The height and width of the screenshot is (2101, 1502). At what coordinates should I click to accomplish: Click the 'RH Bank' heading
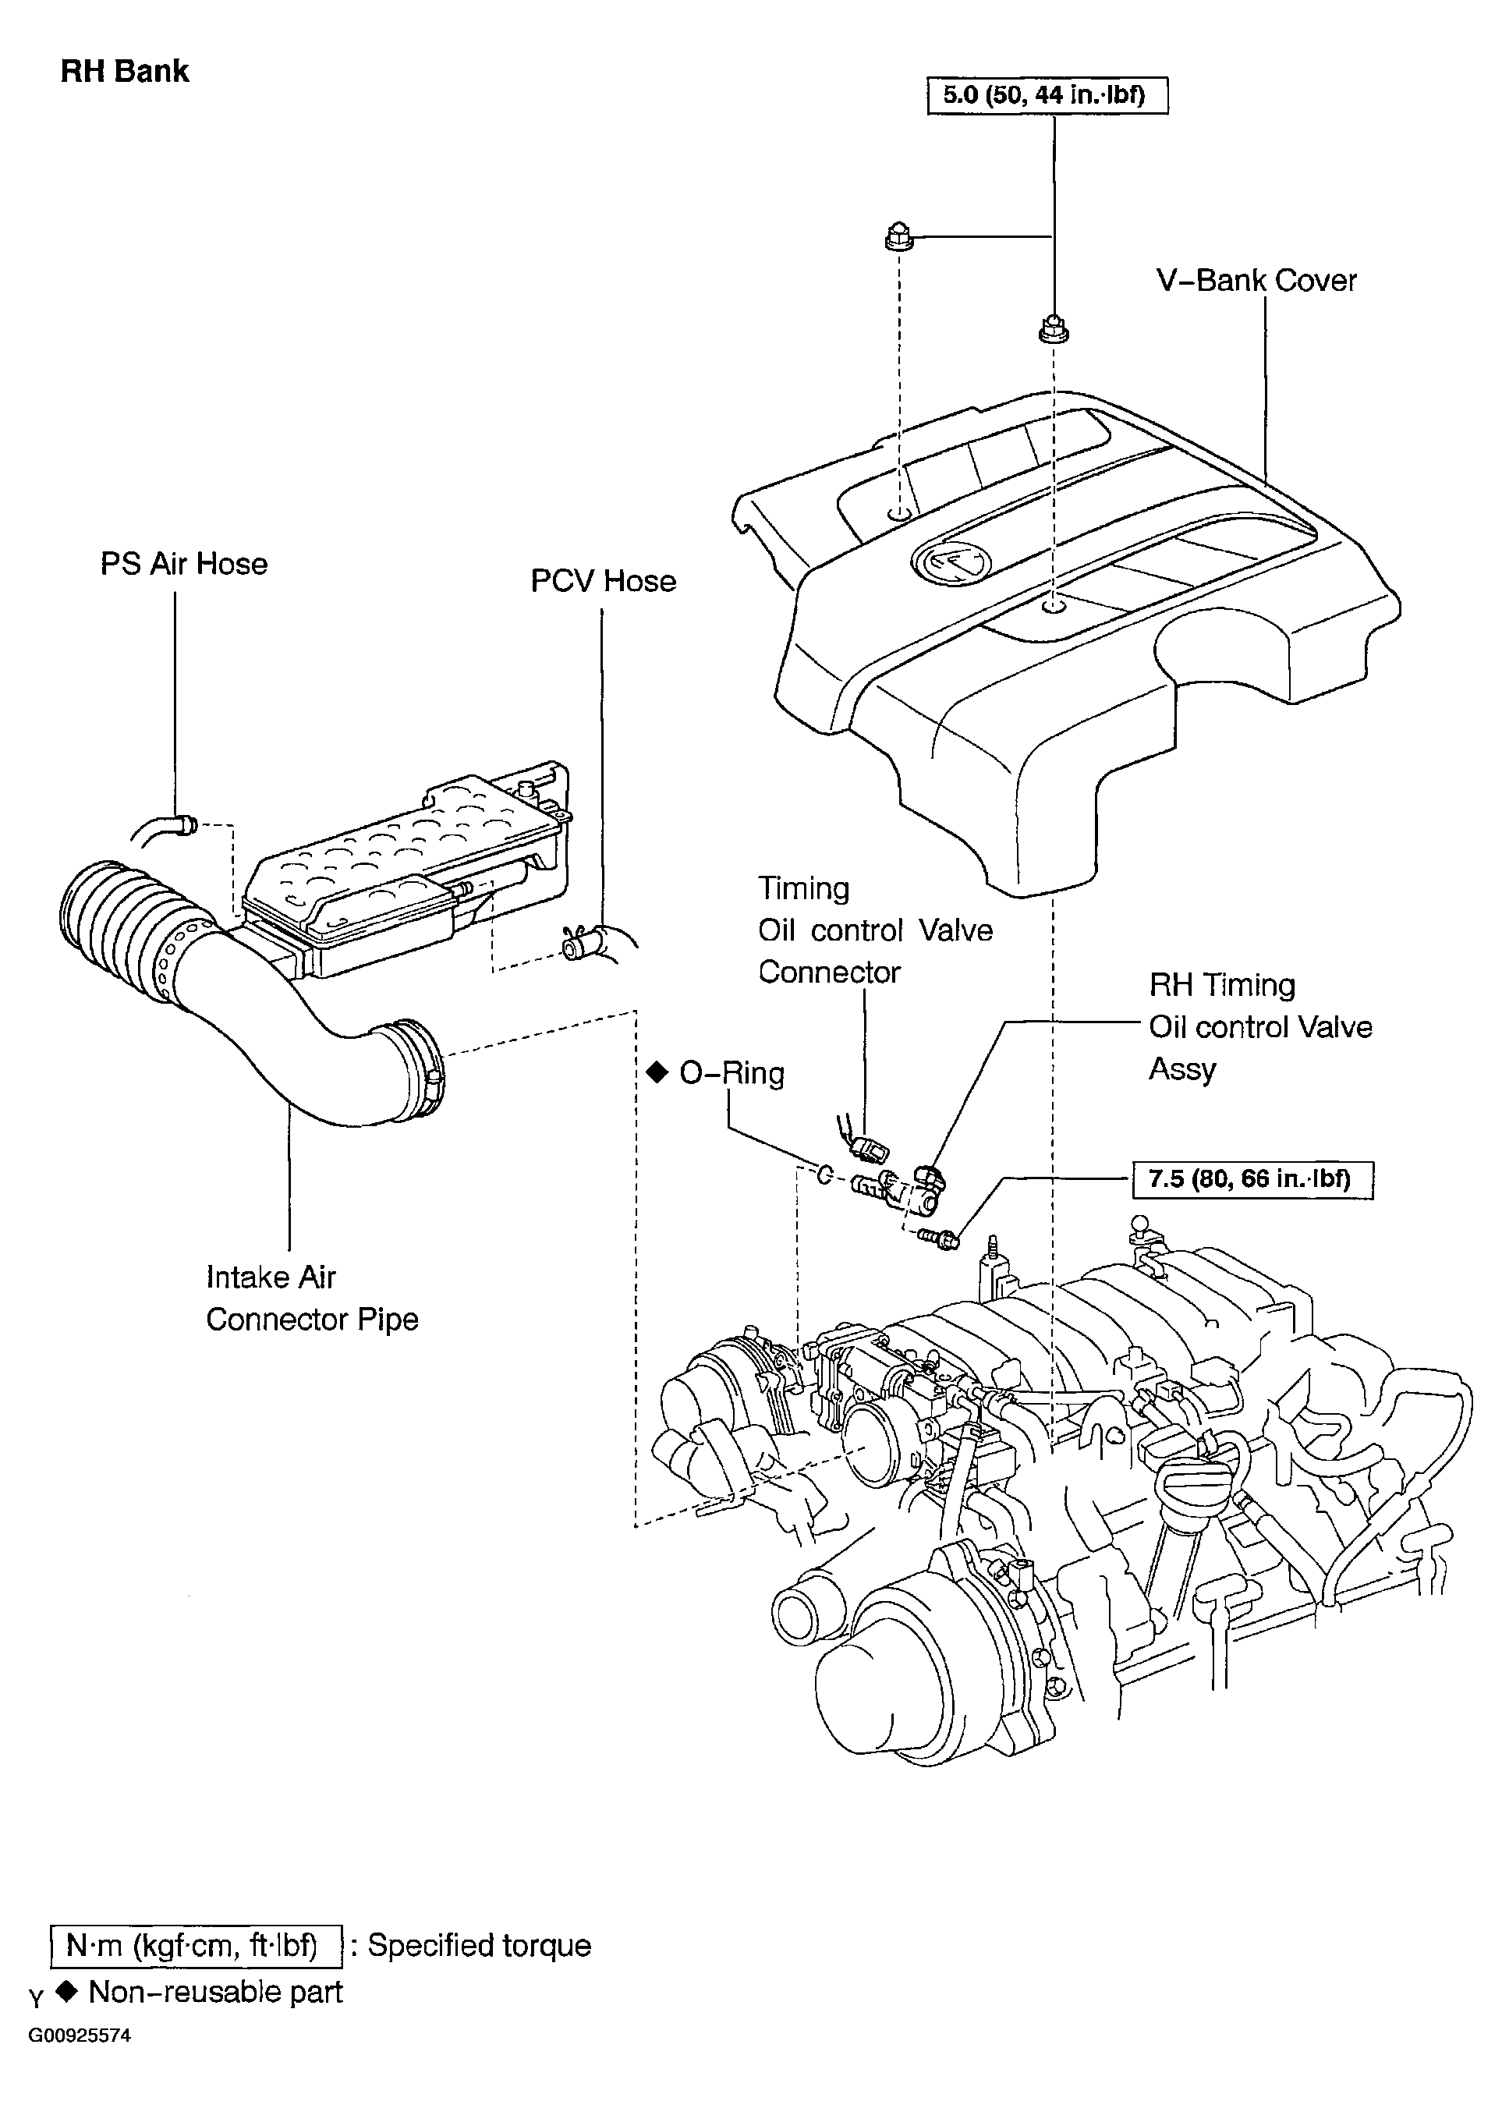pos(124,71)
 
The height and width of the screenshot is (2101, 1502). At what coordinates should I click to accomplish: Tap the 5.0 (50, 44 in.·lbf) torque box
pos(1047,95)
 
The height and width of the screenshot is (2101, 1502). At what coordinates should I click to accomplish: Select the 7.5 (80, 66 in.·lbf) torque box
pos(1253,1179)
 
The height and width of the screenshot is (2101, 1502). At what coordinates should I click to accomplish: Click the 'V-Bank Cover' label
pos(1256,280)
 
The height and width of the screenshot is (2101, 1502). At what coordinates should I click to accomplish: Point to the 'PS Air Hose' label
pos(184,563)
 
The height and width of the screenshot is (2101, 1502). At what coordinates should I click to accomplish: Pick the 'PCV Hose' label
pos(603,581)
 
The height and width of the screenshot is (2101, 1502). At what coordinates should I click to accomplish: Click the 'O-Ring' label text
pos(732,1074)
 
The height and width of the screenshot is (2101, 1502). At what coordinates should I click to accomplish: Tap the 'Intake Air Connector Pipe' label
pos(312,1299)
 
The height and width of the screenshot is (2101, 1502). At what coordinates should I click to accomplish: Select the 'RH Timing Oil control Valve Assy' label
pos(1260,1027)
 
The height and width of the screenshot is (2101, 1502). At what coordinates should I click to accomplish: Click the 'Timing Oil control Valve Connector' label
pos(875,930)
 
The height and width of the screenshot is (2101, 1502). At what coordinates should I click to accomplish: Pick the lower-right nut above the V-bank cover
pos(1054,329)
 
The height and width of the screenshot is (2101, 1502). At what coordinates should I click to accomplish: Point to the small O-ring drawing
pos(824,1175)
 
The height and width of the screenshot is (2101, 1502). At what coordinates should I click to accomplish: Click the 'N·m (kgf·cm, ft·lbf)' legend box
pos(195,1946)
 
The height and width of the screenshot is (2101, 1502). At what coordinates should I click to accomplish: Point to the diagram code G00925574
pos(80,2035)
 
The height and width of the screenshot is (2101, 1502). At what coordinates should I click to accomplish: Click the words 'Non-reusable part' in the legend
pos(215,1992)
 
